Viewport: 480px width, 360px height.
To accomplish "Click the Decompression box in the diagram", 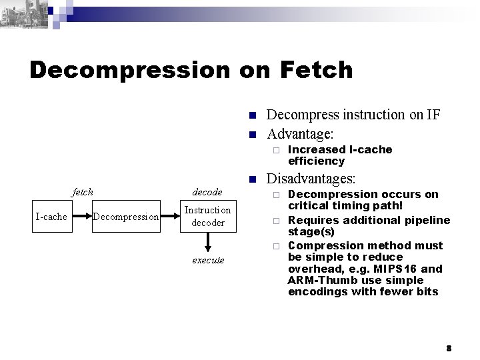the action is tap(125, 216).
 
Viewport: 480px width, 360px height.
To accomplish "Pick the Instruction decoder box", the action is tap(208, 216).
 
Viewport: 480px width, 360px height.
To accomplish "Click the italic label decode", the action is tap(207, 192).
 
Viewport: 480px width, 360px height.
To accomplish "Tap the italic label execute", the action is tap(208, 260).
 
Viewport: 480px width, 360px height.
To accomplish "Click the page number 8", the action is tap(449, 348).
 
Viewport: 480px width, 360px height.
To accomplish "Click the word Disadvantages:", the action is tap(311, 179).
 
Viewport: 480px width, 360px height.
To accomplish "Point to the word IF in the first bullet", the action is tap(433, 115).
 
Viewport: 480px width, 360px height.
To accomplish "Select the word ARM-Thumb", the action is tap(317, 281).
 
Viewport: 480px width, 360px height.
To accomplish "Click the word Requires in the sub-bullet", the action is tap(311, 220).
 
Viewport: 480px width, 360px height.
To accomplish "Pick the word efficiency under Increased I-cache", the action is tap(316, 161).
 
